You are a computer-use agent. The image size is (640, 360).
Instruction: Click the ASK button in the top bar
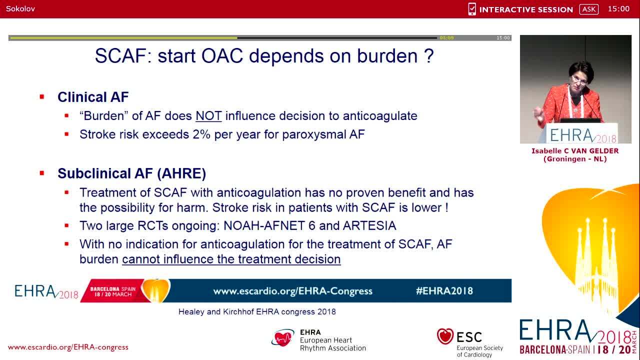tap(588, 9)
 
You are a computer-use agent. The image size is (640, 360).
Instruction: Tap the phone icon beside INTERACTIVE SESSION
tap(472, 9)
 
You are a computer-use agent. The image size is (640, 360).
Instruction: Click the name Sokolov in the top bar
tap(20, 8)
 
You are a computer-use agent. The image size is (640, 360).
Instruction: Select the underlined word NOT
tap(208, 116)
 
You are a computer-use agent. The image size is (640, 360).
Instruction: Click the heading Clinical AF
tap(93, 97)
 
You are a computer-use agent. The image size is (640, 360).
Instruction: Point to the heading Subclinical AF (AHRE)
tap(131, 173)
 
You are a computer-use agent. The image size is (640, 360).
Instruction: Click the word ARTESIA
tap(369, 225)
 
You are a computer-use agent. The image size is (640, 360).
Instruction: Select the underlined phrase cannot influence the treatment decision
tap(231, 259)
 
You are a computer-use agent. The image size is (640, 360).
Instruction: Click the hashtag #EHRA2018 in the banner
tap(444, 291)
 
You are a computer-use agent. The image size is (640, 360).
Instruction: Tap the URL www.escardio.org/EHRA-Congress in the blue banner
tap(292, 291)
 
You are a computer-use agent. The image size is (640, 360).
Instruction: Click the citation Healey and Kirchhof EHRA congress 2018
tap(257, 311)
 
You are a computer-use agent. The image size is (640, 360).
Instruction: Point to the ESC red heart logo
tap(444, 336)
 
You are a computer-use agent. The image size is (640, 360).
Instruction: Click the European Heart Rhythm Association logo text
tap(332, 340)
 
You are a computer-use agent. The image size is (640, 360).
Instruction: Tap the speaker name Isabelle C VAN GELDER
tap(575, 151)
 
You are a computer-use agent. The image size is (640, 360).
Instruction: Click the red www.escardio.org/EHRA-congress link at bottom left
tap(68, 347)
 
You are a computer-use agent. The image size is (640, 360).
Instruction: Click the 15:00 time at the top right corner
tap(618, 8)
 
